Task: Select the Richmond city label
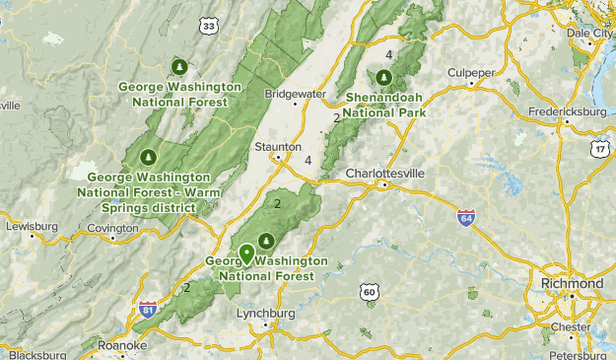572,283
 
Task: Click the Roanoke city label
122,346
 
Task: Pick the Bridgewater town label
295,94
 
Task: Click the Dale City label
590,32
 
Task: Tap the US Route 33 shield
207,27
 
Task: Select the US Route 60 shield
369,292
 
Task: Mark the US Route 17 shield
600,147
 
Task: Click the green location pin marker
245,253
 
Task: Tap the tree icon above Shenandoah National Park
383,77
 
